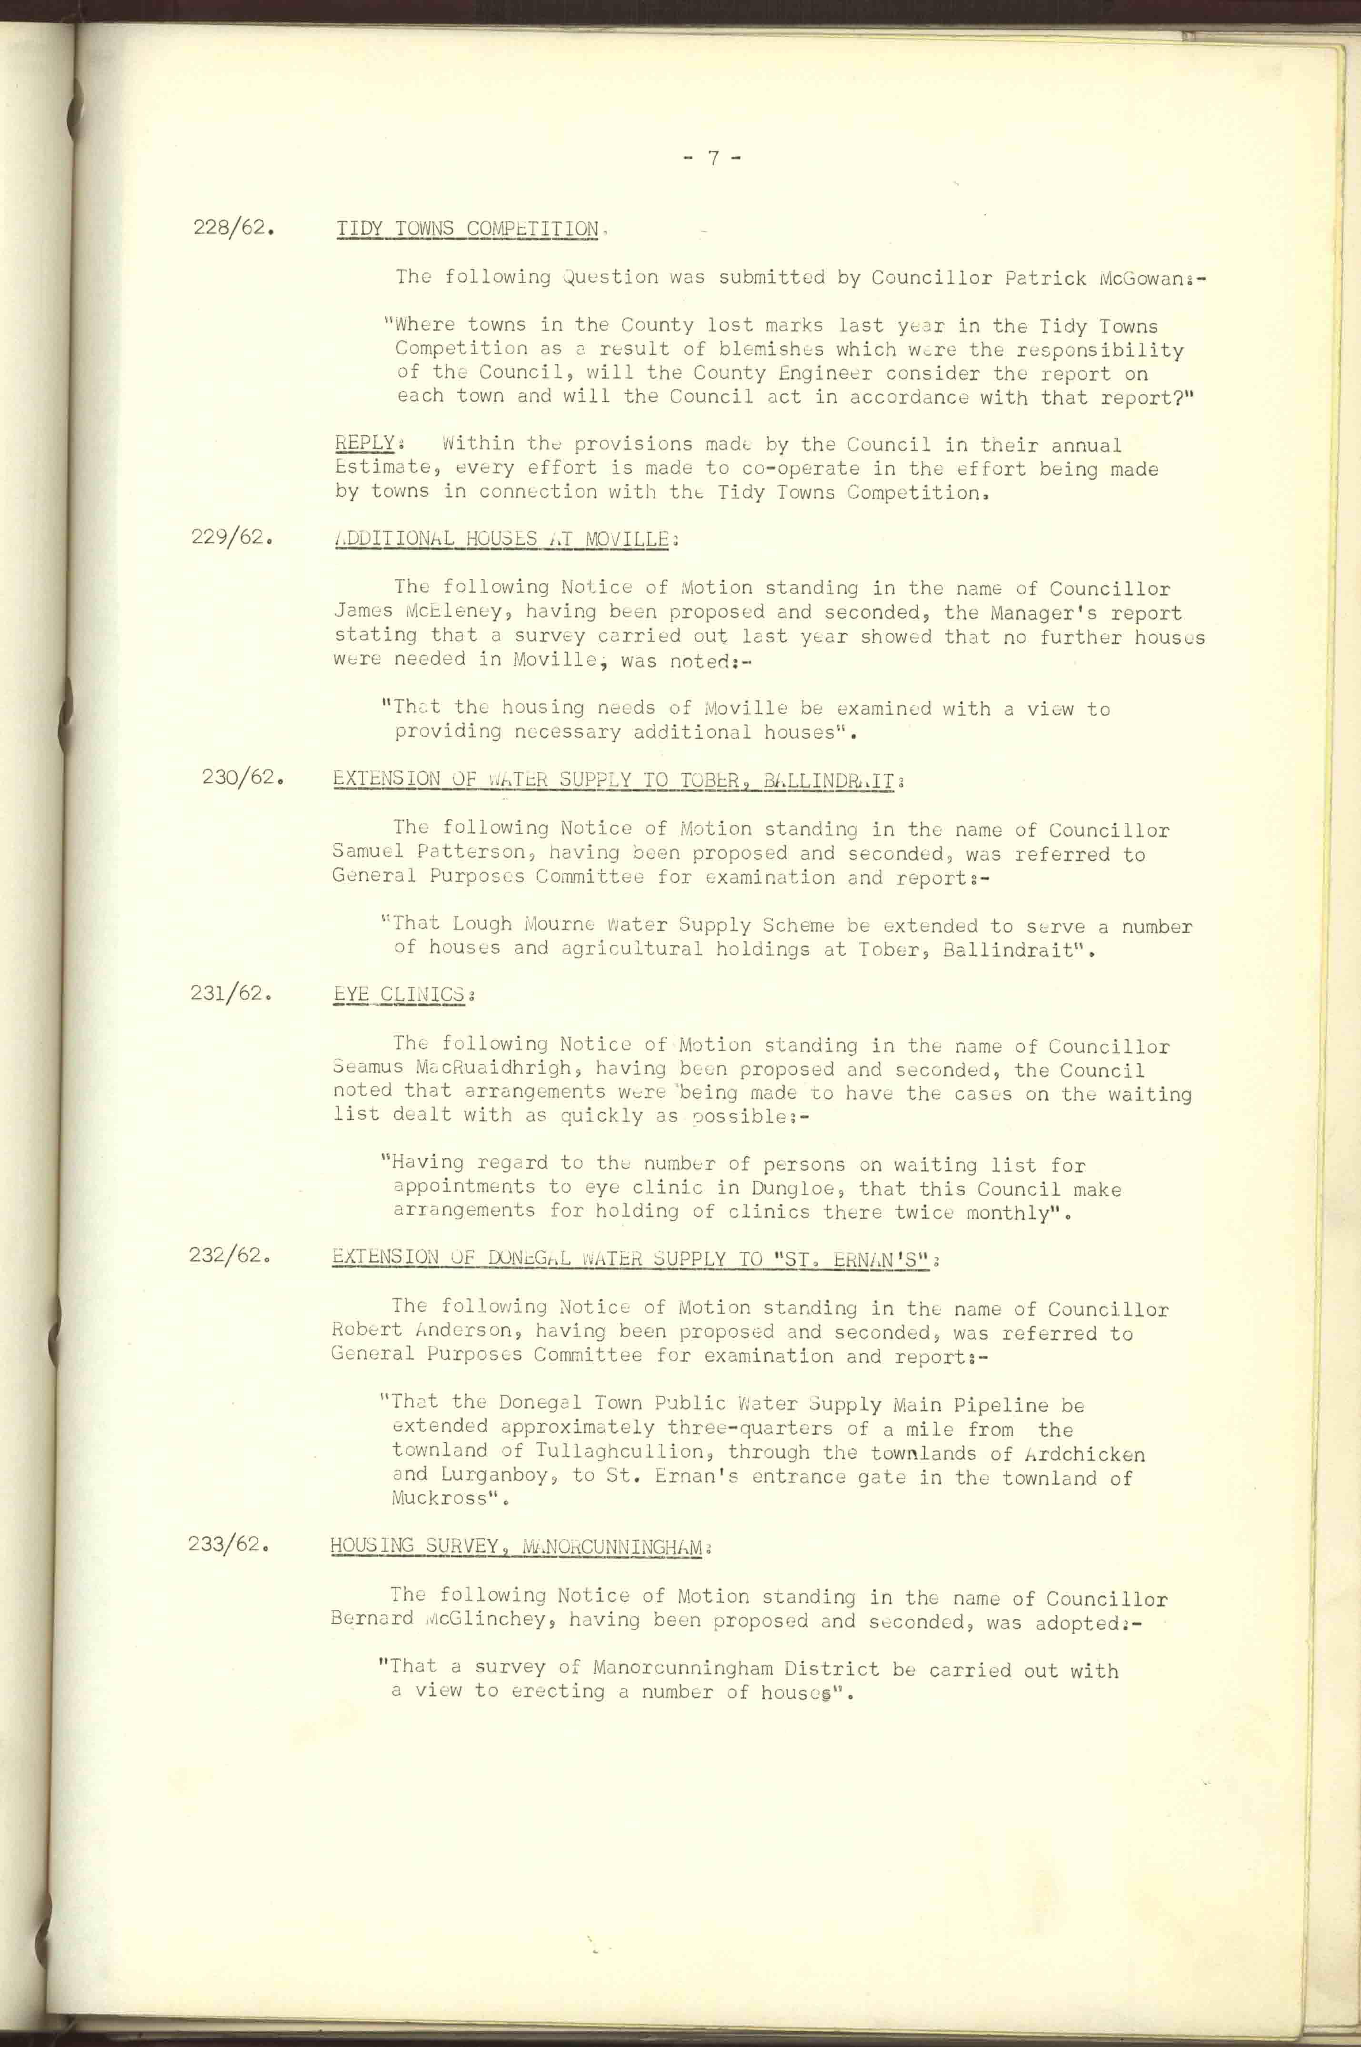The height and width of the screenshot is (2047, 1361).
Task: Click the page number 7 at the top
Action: click(x=712, y=158)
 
